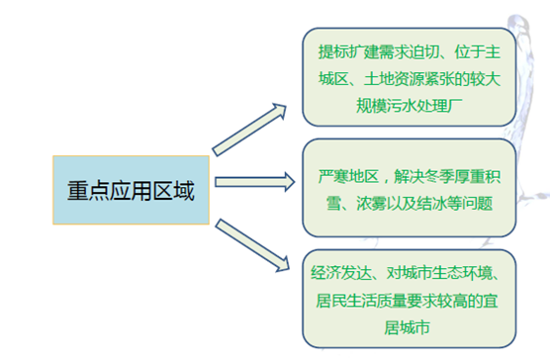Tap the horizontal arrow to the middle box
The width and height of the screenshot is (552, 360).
254,181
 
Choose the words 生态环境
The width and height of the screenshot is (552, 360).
470,273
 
